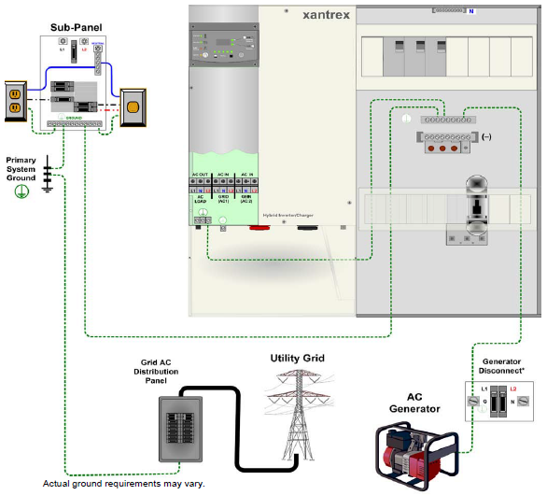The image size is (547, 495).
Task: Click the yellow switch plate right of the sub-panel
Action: [x=133, y=107]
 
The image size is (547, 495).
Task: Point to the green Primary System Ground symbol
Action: [x=18, y=191]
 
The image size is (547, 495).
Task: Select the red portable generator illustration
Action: [x=417, y=452]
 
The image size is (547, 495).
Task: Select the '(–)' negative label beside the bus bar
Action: [x=486, y=137]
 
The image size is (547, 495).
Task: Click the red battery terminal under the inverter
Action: [x=253, y=225]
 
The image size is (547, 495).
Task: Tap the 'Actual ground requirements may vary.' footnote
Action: [x=123, y=484]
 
